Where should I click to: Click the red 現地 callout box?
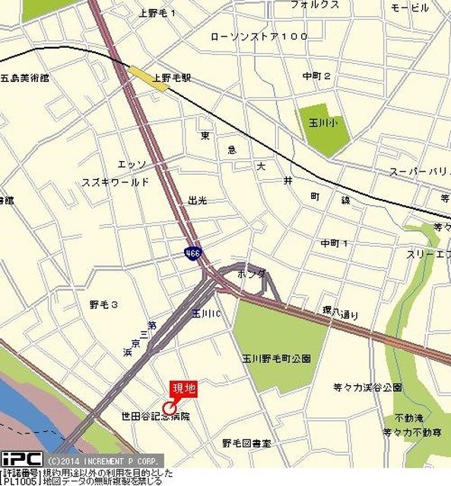coord(184,389)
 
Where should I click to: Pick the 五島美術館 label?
coord(24,77)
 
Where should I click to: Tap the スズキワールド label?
coord(116,183)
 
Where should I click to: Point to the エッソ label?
coord(131,164)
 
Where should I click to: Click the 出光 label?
coord(197,200)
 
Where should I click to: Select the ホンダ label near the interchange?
coord(251,273)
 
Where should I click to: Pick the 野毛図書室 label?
coord(246,443)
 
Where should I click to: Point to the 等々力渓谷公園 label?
coord(367,387)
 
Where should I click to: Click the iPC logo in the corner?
coord(21,459)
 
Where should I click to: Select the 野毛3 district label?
coord(103,305)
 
